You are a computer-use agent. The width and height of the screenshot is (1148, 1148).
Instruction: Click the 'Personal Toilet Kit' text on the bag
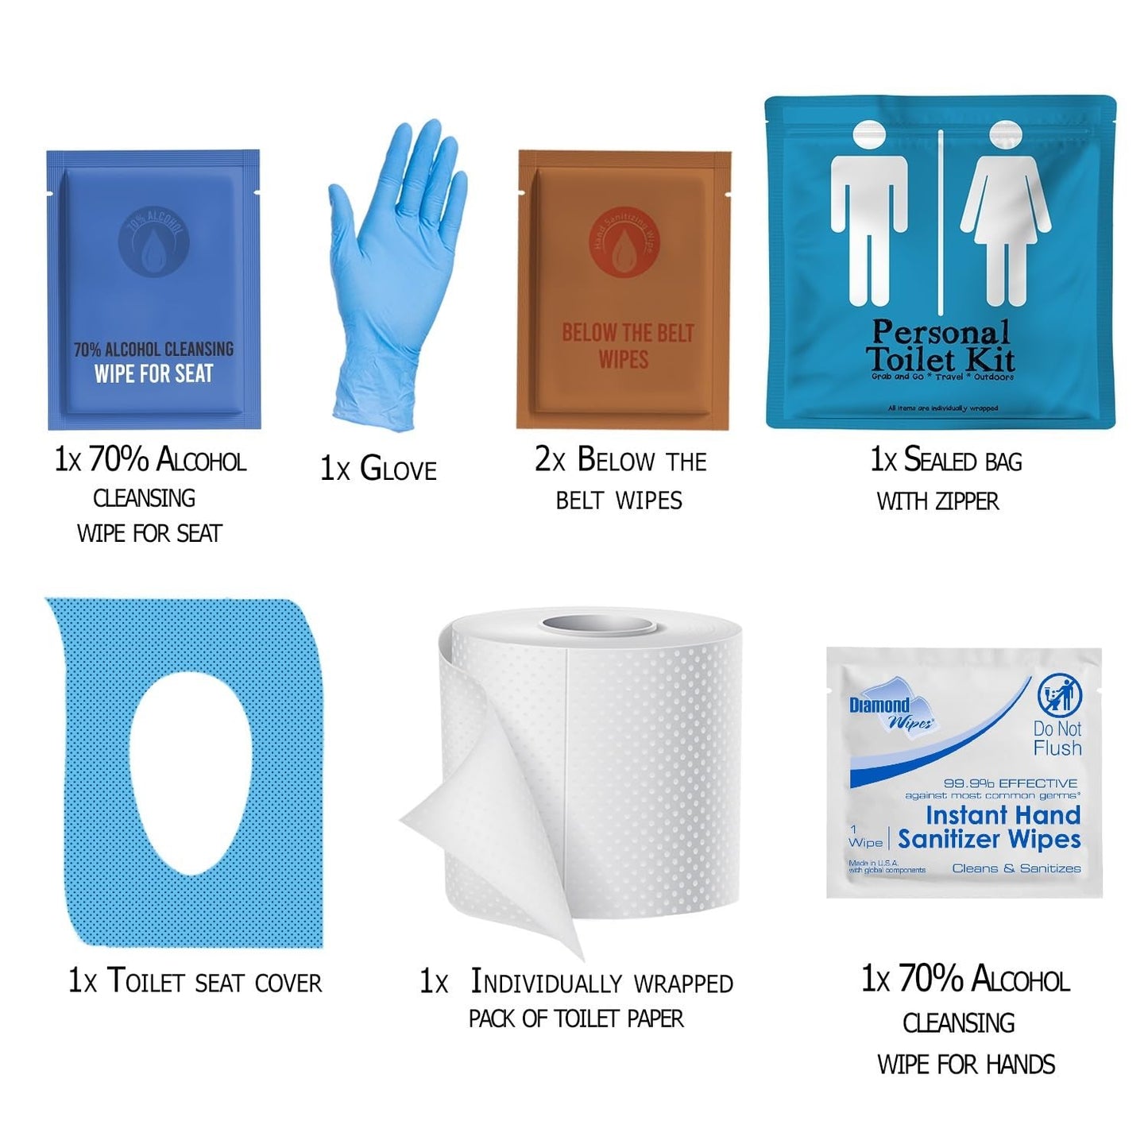(x=941, y=346)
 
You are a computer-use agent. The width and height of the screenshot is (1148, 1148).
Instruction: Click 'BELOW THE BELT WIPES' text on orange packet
(x=627, y=346)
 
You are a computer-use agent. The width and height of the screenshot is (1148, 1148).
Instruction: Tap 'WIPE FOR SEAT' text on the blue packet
(x=153, y=373)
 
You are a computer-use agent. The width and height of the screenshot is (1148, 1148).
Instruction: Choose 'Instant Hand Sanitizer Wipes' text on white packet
(x=989, y=827)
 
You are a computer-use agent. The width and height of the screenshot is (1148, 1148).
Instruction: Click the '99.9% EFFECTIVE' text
(x=1010, y=783)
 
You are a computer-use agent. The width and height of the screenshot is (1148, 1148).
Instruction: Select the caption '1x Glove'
(x=378, y=469)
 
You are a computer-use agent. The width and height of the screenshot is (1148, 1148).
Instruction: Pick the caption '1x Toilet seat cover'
(x=195, y=981)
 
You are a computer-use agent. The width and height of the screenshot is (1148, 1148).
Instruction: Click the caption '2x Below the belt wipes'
(x=620, y=479)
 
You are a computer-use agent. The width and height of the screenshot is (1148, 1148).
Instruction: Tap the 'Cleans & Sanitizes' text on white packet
(x=1016, y=868)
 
